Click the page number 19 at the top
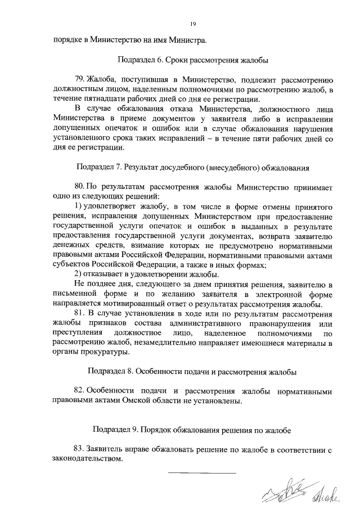[x=192, y=24]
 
